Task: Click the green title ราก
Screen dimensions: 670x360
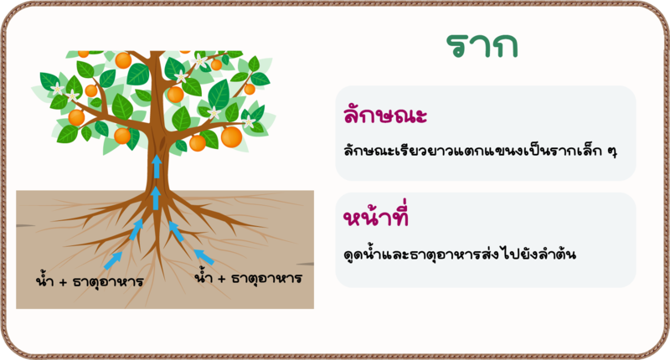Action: click(482, 45)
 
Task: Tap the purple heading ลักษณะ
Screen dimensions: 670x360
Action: click(385, 115)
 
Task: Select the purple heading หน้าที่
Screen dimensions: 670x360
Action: click(376, 215)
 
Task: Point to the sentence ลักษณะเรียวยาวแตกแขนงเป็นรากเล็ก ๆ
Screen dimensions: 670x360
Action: click(480, 151)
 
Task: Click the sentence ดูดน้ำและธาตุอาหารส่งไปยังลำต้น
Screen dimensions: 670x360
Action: click(460, 254)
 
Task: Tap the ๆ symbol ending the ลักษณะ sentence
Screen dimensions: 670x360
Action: click(612, 152)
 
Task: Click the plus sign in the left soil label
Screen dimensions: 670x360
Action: click(63, 282)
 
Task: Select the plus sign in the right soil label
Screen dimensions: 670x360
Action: click(221, 279)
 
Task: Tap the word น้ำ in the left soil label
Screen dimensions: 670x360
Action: click(44, 280)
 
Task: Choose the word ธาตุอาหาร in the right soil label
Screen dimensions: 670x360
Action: click(266, 279)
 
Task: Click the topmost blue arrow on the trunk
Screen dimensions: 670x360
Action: click(157, 166)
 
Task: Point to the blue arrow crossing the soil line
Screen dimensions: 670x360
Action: click(156, 198)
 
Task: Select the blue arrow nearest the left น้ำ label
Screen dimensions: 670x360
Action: click(113, 260)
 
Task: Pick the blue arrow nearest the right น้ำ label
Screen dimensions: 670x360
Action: click(204, 257)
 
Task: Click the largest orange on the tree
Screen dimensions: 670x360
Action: click(231, 136)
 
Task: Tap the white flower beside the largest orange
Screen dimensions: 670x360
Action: click(248, 122)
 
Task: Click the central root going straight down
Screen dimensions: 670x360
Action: click(158, 239)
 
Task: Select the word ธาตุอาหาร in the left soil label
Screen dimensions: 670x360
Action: click(108, 282)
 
